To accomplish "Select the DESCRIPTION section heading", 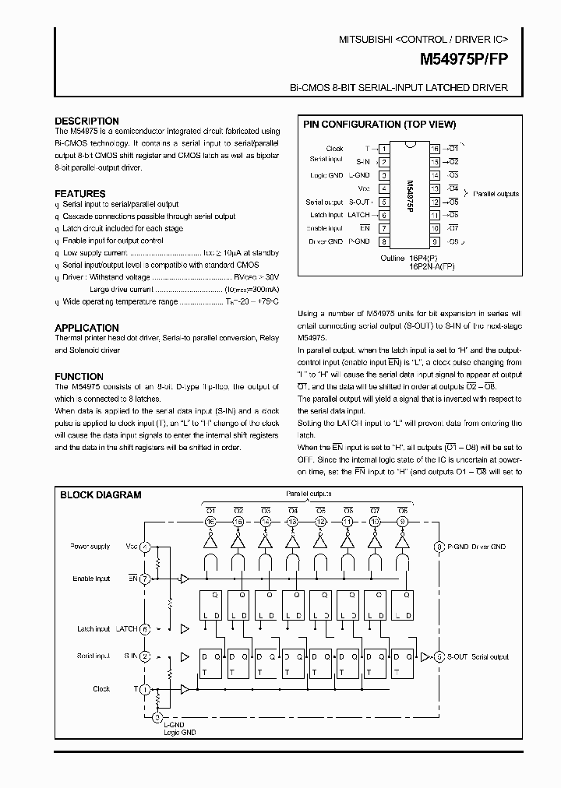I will [86, 121].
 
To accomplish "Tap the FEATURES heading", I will [80, 193].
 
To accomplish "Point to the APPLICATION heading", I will [86, 328].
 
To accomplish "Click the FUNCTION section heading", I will [79, 376].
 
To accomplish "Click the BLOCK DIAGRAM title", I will [101, 494].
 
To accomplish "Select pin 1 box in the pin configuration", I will [384, 148].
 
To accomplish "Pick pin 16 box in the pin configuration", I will [435, 148].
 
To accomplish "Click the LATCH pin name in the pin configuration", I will [359, 215].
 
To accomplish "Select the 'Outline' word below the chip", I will [392, 258].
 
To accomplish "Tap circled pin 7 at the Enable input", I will [145, 579].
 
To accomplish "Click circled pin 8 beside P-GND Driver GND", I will [439, 547].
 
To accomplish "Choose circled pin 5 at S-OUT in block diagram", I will [439, 656].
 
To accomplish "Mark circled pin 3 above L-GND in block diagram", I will [158, 717].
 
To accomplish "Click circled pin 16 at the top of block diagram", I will [210, 521].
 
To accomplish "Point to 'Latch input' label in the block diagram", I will [93, 628].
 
